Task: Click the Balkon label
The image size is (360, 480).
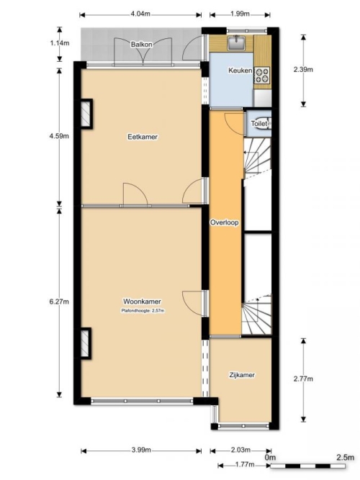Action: [x=142, y=45]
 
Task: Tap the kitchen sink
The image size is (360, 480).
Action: [x=237, y=42]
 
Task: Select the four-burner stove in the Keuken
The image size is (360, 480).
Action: [x=262, y=76]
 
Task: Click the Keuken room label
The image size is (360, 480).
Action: [x=240, y=71]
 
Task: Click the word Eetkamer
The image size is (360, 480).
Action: [x=143, y=137]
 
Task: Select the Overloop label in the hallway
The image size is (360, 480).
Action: [x=224, y=222]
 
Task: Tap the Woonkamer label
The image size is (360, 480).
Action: [x=142, y=302]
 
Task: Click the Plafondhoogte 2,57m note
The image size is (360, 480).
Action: [x=143, y=311]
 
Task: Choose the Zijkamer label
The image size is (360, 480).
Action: [x=242, y=375]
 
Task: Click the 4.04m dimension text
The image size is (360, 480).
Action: [x=140, y=14]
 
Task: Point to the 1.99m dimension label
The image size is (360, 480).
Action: [x=240, y=14]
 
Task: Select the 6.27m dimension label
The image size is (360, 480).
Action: [x=59, y=302]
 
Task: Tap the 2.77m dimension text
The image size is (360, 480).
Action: [x=303, y=379]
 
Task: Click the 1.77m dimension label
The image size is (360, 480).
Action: [x=245, y=465]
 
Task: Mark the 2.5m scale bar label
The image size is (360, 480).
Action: [x=346, y=458]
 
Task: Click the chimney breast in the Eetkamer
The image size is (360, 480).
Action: [x=86, y=114]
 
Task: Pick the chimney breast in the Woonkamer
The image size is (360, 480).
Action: [x=85, y=343]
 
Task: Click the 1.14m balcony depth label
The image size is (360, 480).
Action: [x=60, y=43]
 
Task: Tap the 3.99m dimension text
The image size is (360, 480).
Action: [x=141, y=450]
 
